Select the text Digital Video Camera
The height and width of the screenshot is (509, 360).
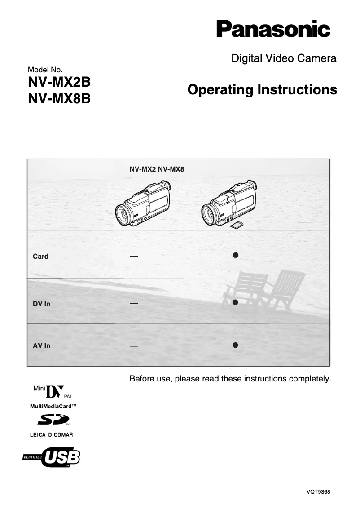pyautogui.click(x=283, y=58)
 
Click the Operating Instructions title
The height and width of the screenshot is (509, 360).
pyautogui.click(x=262, y=90)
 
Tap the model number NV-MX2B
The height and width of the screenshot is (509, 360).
pyautogui.click(x=59, y=83)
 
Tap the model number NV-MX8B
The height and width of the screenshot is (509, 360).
pyautogui.click(x=59, y=98)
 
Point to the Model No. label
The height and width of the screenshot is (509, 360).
pyautogui.click(x=45, y=70)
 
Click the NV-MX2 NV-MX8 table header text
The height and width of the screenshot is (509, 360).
pyautogui.click(x=157, y=170)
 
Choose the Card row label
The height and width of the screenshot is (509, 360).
pyautogui.click(x=40, y=257)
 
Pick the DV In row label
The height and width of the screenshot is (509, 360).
pyautogui.click(x=41, y=304)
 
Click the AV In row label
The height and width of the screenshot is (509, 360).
pyautogui.click(x=41, y=346)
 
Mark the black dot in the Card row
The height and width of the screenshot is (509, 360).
pyautogui.click(x=235, y=255)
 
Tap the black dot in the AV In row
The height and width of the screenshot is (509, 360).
pyautogui.click(x=235, y=345)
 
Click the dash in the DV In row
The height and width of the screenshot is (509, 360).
pyautogui.click(x=133, y=303)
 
